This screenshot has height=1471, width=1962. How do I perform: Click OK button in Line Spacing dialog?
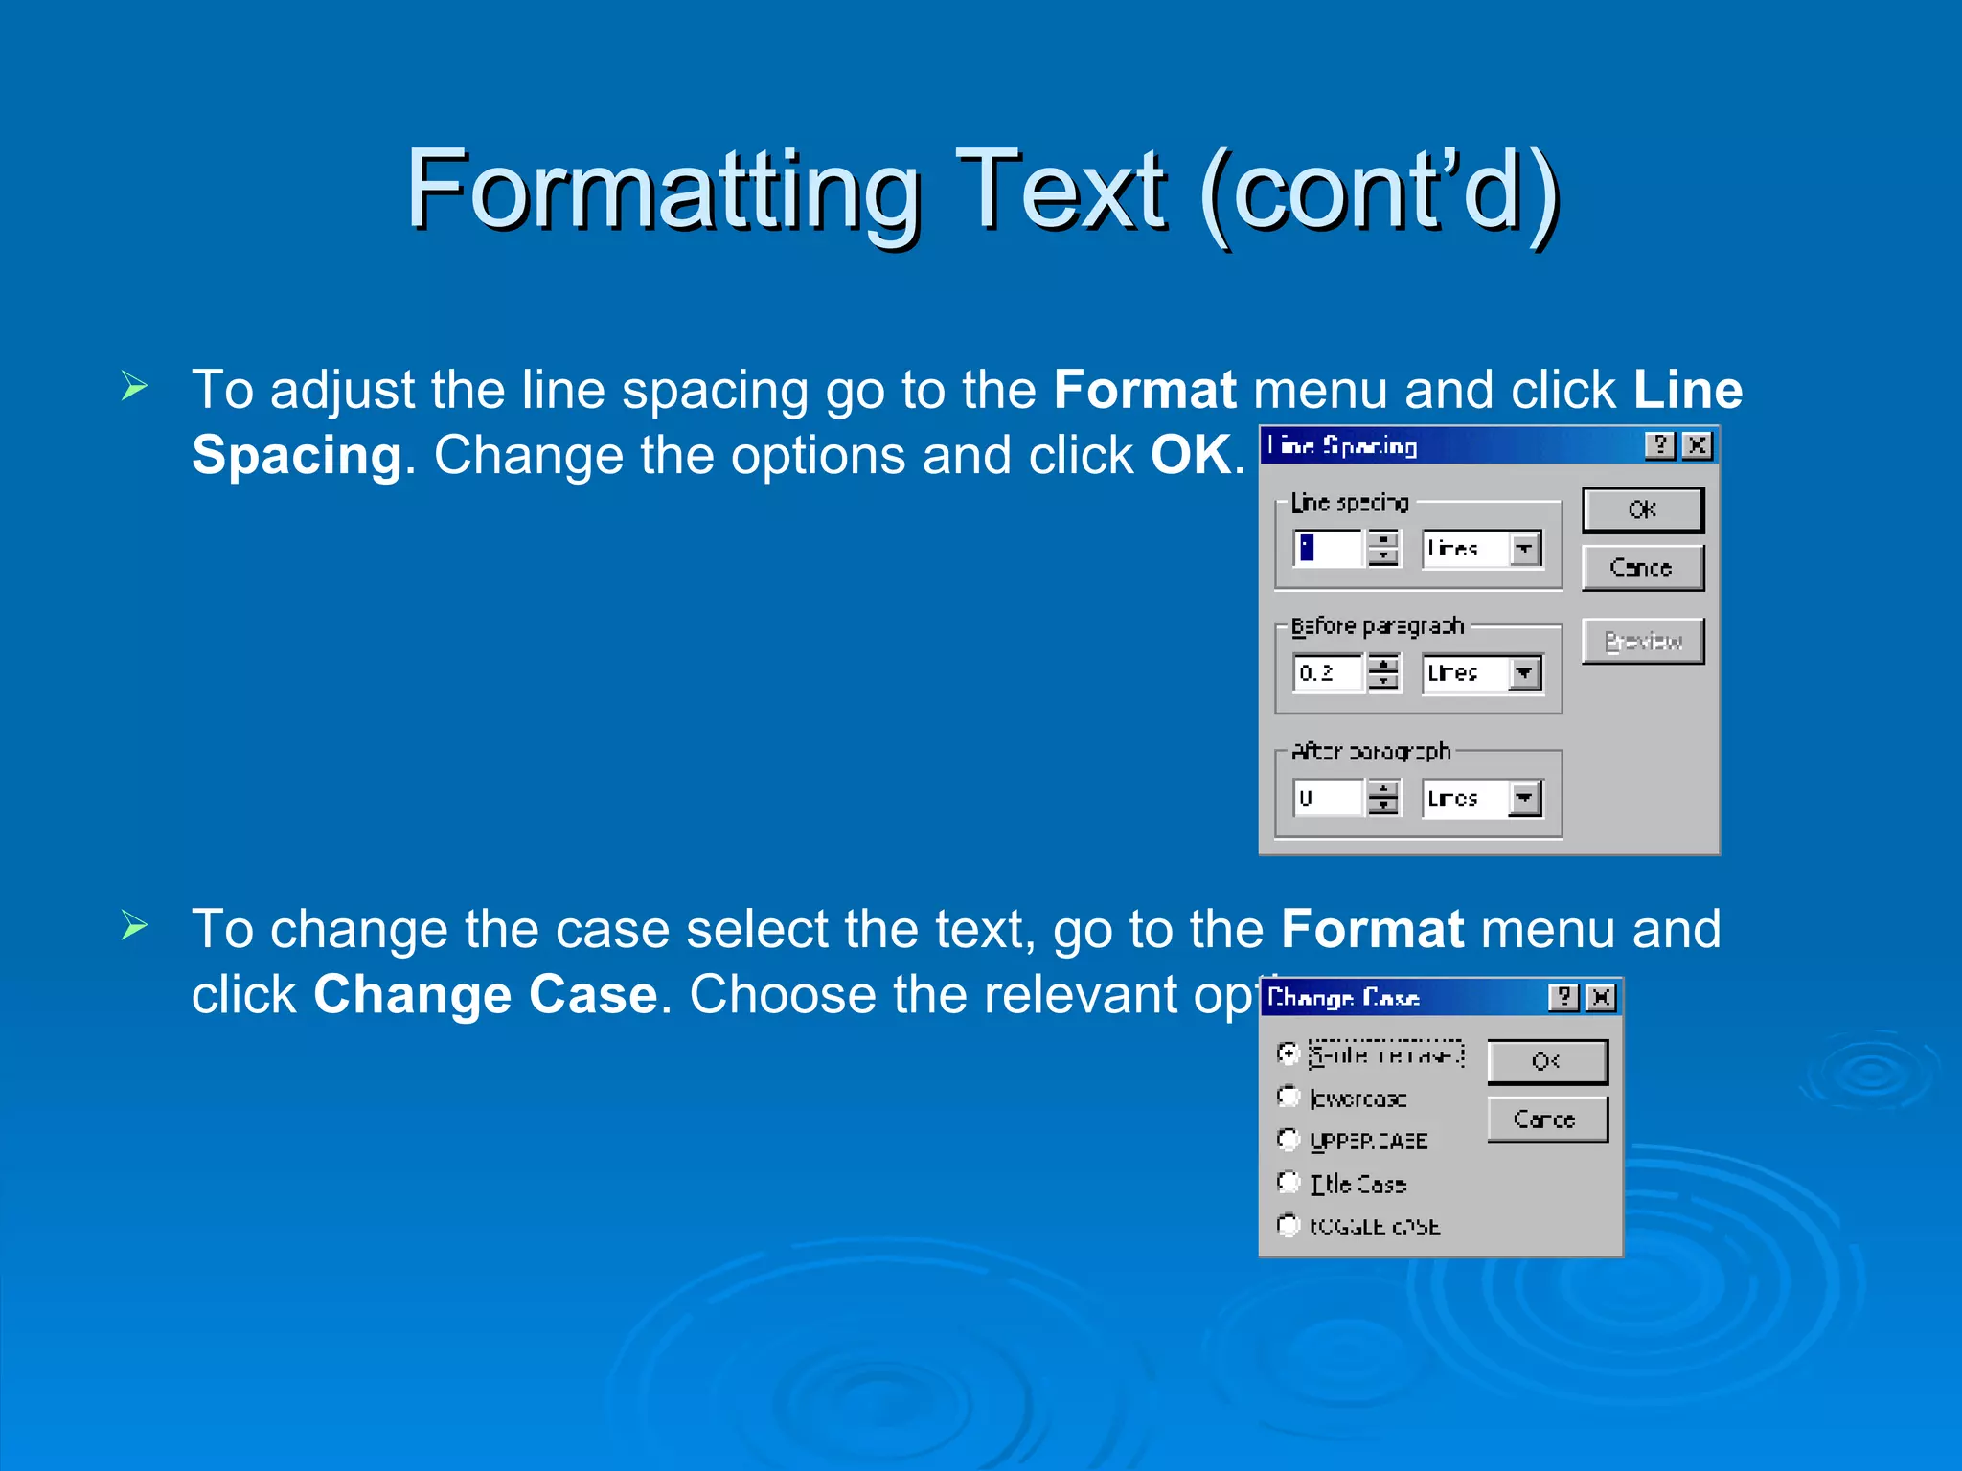click(1642, 509)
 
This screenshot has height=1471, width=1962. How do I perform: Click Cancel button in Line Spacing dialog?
click(1642, 568)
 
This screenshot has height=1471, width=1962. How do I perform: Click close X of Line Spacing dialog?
click(1697, 445)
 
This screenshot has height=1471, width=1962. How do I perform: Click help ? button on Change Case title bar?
click(1563, 998)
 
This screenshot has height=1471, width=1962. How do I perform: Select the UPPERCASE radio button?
click(1289, 1140)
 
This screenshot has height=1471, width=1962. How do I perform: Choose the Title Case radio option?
click(1289, 1183)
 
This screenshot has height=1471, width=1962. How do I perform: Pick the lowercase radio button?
click(1289, 1097)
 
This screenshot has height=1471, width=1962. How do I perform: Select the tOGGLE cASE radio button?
click(1289, 1225)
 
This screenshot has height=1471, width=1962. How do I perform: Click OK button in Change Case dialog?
click(1546, 1061)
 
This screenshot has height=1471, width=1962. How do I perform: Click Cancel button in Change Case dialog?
click(1546, 1120)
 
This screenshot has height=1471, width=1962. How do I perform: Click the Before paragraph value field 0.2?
click(1327, 672)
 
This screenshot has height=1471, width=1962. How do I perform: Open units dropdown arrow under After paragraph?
click(1524, 798)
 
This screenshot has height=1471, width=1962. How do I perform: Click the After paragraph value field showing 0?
click(1327, 798)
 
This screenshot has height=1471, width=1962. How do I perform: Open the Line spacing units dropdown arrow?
click(1524, 549)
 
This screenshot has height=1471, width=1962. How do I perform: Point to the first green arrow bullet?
click(135, 387)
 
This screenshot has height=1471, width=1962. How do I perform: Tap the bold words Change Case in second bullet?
click(485, 994)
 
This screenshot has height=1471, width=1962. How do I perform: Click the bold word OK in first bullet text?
click(1190, 455)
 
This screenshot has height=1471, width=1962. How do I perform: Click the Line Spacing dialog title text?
click(1342, 445)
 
